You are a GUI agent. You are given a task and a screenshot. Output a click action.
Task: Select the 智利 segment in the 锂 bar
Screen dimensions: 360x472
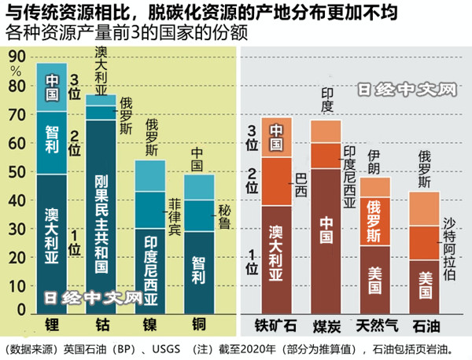coord(52,141)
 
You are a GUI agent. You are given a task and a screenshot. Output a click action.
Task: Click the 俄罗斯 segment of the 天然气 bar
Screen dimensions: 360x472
coord(375,220)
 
